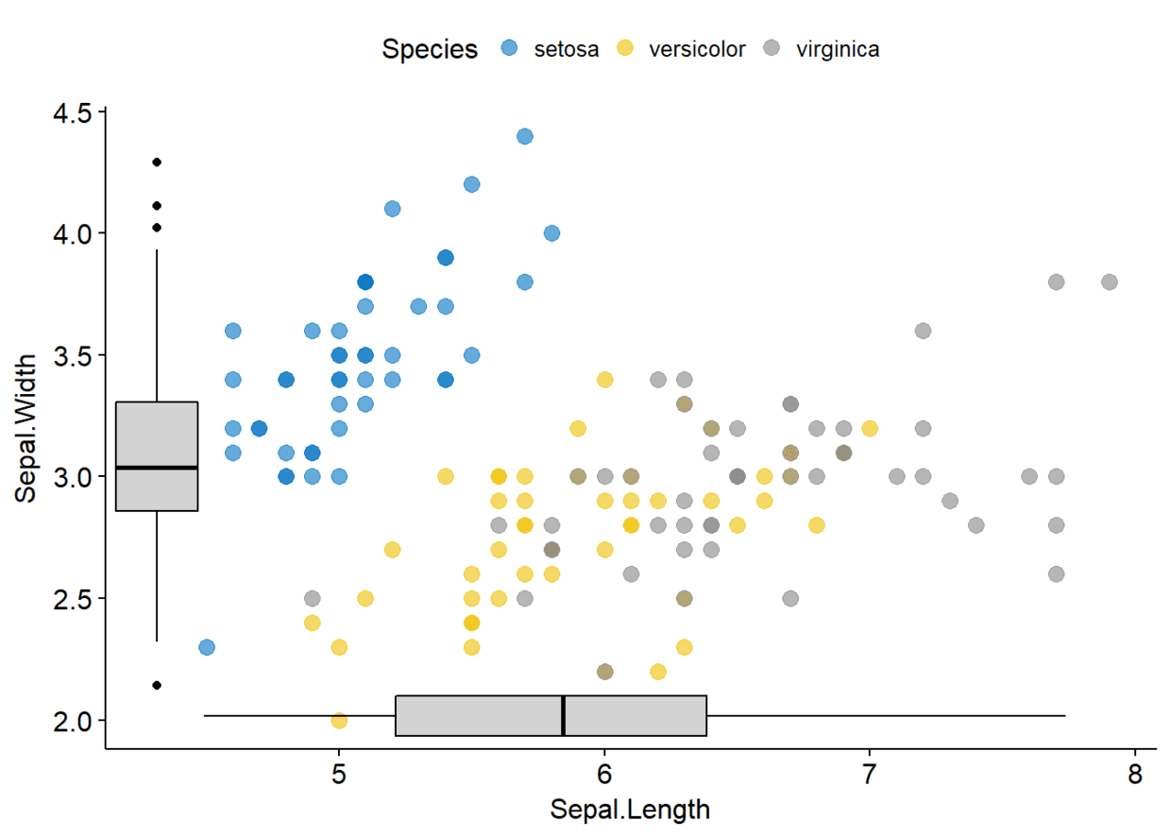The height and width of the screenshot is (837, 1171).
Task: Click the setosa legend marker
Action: tap(509, 48)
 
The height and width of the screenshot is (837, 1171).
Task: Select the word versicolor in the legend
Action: tap(697, 49)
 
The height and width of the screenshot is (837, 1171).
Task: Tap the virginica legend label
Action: tap(838, 50)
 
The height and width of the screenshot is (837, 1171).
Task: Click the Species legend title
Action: tap(430, 50)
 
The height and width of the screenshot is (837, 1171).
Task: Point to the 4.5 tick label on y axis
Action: tap(73, 113)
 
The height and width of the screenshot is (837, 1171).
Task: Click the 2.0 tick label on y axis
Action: tap(73, 722)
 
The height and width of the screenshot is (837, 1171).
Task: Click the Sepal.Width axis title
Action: tap(25, 428)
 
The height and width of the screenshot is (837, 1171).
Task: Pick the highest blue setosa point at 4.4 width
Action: tap(525, 136)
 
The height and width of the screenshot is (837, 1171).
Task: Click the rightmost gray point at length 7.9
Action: tap(1110, 282)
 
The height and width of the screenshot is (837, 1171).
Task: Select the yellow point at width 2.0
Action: tap(339, 721)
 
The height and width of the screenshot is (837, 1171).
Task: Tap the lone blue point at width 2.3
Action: tap(207, 647)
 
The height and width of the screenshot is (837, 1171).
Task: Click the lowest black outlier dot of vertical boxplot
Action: tap(157, 685)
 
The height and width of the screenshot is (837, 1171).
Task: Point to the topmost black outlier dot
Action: tap(157, 162)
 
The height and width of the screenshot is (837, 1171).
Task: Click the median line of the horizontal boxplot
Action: tap(563, 716)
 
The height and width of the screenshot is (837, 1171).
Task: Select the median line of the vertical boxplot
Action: tap(157, 468)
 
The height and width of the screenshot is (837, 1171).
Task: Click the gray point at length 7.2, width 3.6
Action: tap(924, 331)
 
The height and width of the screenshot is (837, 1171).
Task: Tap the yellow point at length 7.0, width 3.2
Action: tap(870, 429)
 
